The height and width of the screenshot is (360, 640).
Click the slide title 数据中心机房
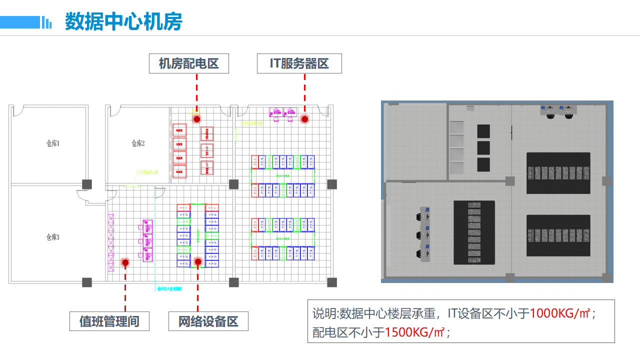[x=123, y=22]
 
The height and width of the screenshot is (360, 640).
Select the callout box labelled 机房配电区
[x=189, y=63]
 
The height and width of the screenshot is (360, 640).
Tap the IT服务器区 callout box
[x=299, y=63]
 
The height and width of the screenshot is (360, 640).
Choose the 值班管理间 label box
[x=109, y=321]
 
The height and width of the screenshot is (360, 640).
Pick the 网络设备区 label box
[x=208, y=321]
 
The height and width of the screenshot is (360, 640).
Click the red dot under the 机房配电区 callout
[x=197, y=119]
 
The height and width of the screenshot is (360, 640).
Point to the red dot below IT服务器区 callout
[x=304, y=119]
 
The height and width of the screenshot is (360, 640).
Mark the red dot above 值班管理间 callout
[x=125, y=262]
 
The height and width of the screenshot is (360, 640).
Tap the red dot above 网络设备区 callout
[x=198, y=261]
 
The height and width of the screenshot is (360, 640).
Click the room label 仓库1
[x=53, y=144]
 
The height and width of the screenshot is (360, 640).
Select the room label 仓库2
[x=138, y=144]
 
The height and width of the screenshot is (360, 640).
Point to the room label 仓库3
[x=52, y=237]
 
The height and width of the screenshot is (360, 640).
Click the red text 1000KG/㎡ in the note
[x=560, y=314]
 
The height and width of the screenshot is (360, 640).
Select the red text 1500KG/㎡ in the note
[x=415, y=332]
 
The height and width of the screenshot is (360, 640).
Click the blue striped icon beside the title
[x=46, y=22]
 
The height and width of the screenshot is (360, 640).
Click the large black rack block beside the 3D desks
[x=474, y=232]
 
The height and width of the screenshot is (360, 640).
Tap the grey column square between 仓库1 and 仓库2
[x=87, y=184]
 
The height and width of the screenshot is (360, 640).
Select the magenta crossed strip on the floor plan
[x=111, y=242]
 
